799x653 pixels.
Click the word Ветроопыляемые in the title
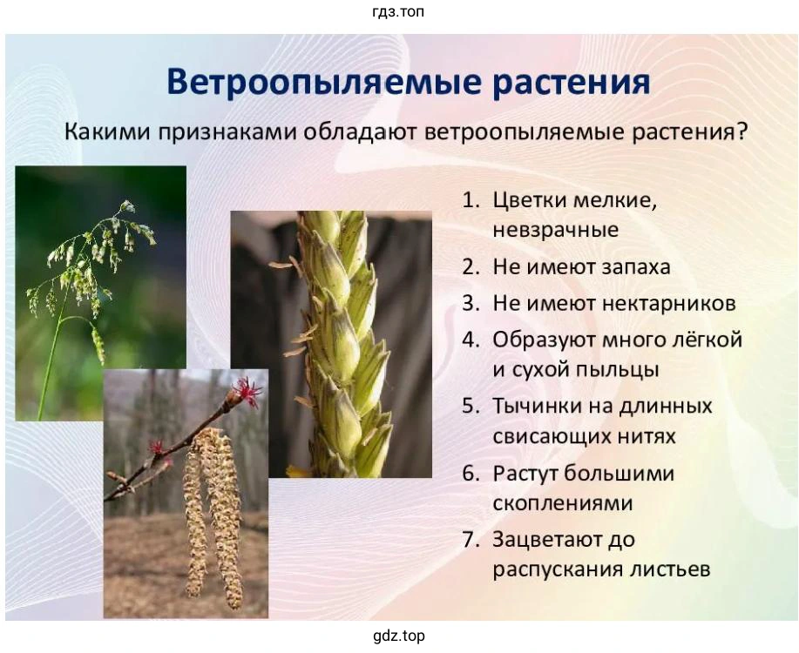(323, 83)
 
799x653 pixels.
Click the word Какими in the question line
(107, 132)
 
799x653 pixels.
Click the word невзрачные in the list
(556, 230)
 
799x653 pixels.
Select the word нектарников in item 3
(669, 304)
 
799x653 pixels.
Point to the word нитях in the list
(647, 437)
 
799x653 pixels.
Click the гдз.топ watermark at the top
(398, 11)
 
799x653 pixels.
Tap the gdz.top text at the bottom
(399, 636)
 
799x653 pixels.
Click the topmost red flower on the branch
(247, 391)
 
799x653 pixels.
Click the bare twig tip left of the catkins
(110, 475)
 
